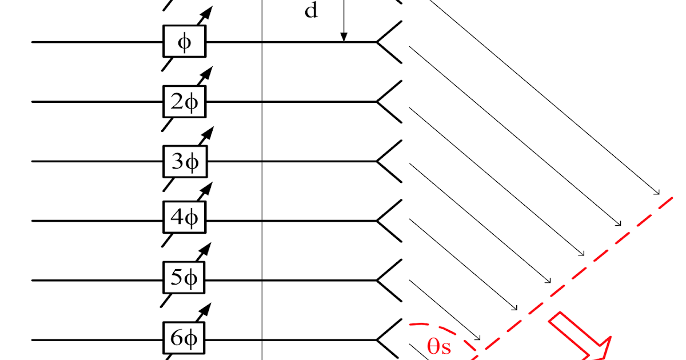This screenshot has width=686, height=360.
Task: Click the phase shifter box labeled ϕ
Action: [x=184, y=42]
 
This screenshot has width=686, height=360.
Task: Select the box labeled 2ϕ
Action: [x=184, y=101]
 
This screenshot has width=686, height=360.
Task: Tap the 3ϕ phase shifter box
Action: [x=184, y=161]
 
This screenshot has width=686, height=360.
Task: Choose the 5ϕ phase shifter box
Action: [x=184, y=280]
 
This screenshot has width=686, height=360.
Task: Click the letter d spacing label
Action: [x=310, y=10]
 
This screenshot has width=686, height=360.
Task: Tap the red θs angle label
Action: [x=438, y=346]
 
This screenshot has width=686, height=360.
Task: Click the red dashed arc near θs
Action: [x=457, y=331]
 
